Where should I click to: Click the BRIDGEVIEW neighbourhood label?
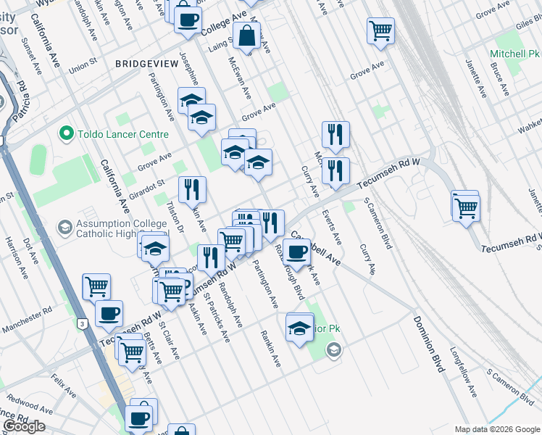click(146, 64)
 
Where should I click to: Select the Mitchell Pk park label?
click(514, 54)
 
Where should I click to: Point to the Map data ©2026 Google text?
click(496, 429)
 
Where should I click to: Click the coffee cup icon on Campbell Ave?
click(296, 252)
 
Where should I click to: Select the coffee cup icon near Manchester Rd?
click(109, 313)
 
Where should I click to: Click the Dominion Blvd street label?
click(428, 344)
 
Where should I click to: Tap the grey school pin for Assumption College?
click(64, 228)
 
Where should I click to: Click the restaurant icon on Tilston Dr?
click(192, 190)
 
